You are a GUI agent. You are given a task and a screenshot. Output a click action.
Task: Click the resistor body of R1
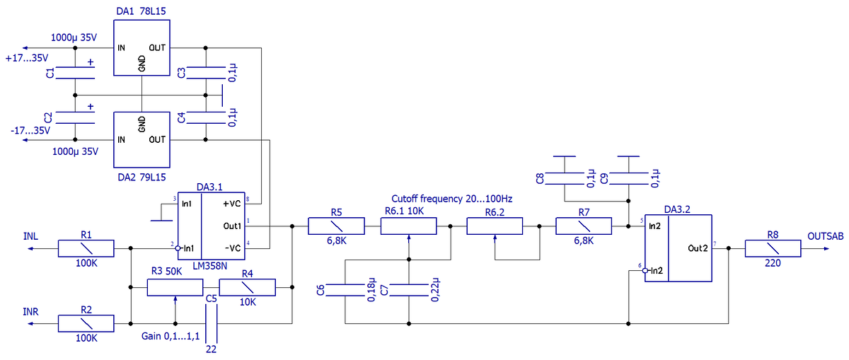click(x=86, y=248)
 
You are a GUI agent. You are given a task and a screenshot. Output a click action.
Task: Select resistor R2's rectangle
click(x=86, y=323)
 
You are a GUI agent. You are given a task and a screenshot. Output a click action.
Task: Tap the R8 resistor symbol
click(x=773, y=248)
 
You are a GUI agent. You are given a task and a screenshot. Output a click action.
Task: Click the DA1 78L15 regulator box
click(x=141, y=49)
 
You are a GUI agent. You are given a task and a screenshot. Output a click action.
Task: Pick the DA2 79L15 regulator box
click(x=141, y=138)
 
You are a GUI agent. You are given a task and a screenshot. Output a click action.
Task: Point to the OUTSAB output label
click(x=825, y=236)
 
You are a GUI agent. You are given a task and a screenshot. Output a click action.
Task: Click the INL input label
click(x=30, y=236)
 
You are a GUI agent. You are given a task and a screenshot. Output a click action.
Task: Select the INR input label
click(x=30, y=311)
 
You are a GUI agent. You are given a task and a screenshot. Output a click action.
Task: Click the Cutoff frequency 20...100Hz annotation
click(x=452, y=199)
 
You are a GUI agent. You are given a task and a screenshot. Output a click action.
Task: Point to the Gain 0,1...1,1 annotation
click(x=171, y=336)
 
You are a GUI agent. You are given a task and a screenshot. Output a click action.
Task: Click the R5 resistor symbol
click(x=336, y=226)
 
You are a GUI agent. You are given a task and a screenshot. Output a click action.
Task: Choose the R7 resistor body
click(x=584, y=226)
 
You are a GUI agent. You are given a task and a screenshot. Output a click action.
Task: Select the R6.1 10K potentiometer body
click(x=408, y=226)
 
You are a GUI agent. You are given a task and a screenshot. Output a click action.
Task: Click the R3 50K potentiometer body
click(x=175, y=287)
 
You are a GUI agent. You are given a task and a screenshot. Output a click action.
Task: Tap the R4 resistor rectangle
click(x=247, y=287)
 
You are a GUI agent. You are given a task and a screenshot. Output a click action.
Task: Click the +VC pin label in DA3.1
click(x=232, y=204)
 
